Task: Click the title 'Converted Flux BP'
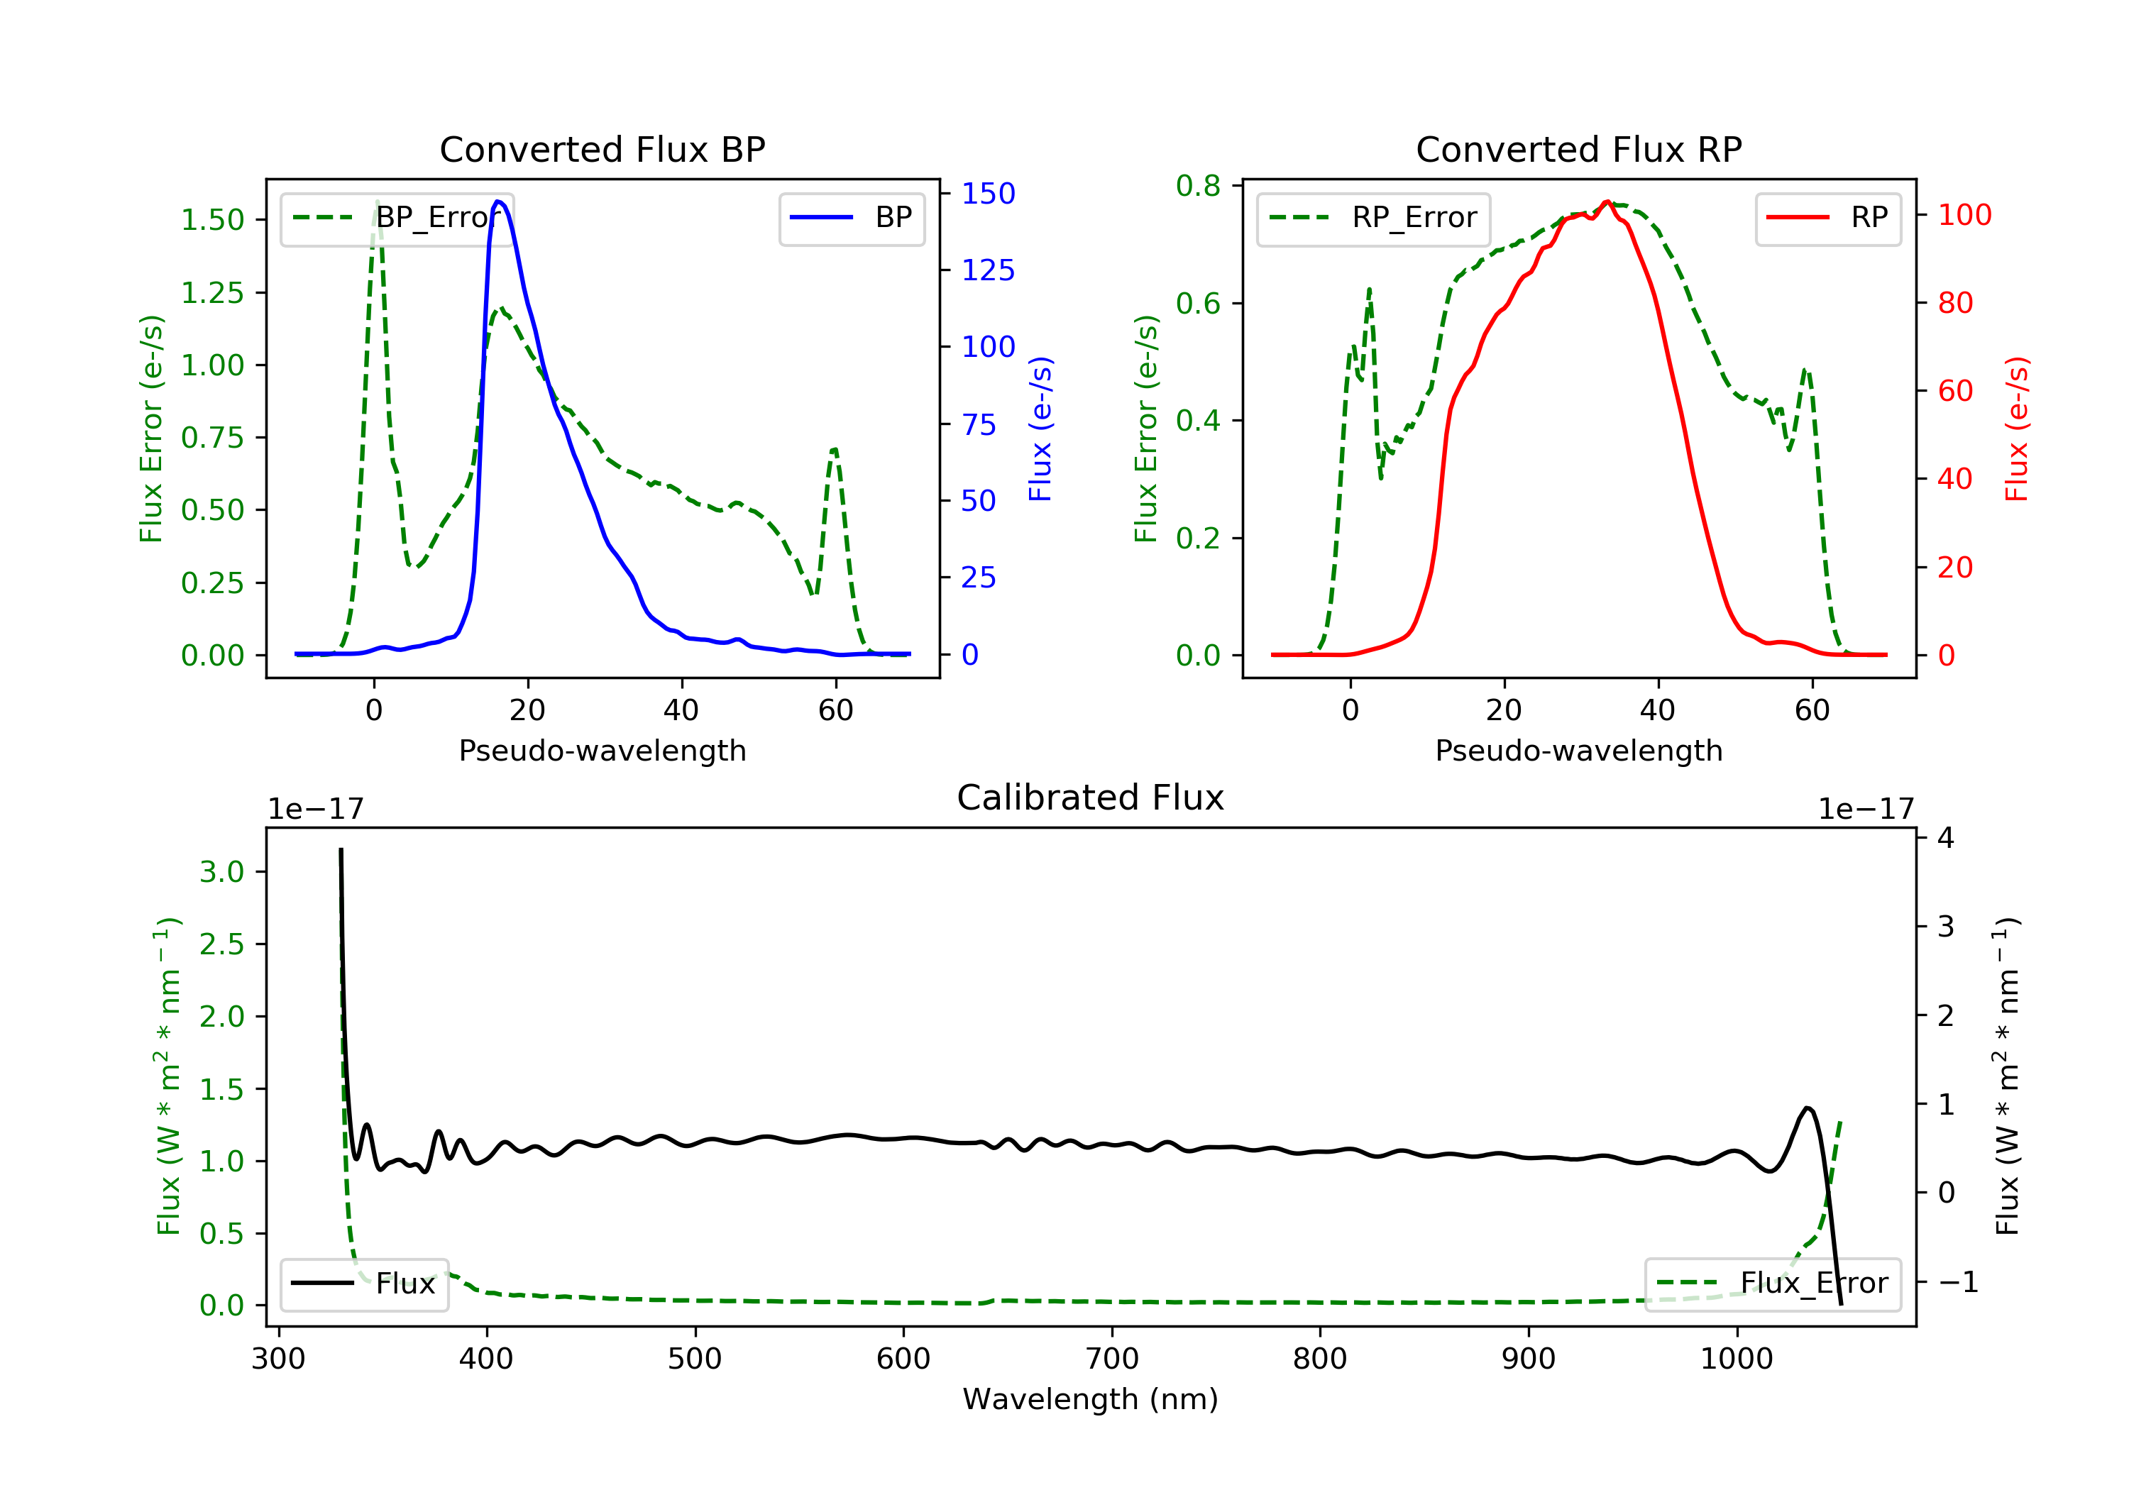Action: click(x=602, y=149)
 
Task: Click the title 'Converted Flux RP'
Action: click(x=1578, y=149)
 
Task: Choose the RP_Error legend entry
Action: click(x=1372, y=218)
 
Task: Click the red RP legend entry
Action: click(x=1827, y=218)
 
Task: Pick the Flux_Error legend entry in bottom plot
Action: click(x=1772, y=1284)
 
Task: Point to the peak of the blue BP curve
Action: click(x=499, y=202)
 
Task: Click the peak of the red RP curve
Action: click(x=1607, y=202)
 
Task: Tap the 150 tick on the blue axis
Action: click(x=988, y=194)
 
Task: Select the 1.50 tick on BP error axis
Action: click(x=212, y=221)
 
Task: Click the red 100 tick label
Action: click(x=1964, y=215)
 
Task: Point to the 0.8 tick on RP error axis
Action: click(x=1197, y=187)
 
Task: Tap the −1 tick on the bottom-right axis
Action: click(x=1957, y=1282)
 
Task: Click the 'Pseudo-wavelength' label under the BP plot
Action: click(x=602, y=751)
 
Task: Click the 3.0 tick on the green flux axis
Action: click(x=221, y=873)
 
